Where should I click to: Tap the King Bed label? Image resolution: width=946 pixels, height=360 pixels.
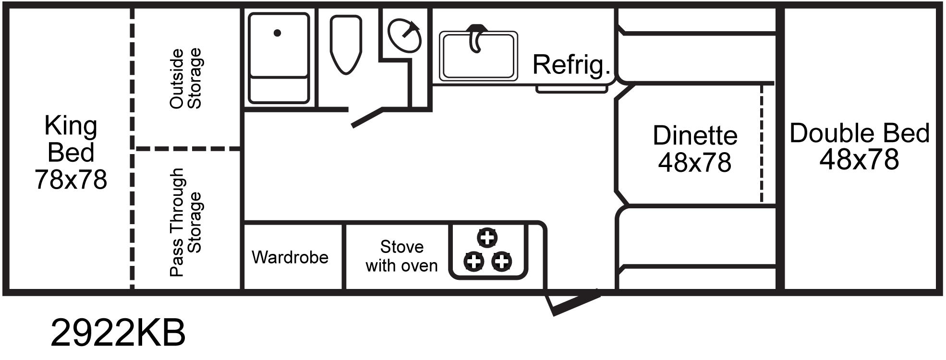(71, 139)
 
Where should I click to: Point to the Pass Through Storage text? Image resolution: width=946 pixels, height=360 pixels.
(185, 222)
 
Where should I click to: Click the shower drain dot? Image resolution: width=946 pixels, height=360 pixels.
(277, 33)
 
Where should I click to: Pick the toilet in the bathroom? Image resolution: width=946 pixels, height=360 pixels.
(346, 44)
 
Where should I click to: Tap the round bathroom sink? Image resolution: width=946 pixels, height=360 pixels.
(404, 35)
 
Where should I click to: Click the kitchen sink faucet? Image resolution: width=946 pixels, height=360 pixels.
(475, 37)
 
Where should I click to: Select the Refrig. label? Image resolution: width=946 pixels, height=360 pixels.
(571, 65)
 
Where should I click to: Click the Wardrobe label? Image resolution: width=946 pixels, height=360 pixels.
(290, 257)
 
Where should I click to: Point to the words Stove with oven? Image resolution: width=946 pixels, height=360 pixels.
(401, 256)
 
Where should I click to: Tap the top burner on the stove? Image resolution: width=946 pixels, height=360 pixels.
(487, 237)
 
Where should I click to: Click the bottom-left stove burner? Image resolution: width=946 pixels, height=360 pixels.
(473, 262)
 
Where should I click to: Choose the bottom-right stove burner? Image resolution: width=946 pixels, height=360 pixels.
(502, 262)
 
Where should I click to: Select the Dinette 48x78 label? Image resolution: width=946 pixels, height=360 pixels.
(695, 149)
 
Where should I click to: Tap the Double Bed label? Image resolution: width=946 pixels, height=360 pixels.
(860, 133)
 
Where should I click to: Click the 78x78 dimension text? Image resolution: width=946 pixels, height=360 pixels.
(71, 180)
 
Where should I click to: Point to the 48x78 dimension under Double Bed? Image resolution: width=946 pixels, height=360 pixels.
(859, 160)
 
